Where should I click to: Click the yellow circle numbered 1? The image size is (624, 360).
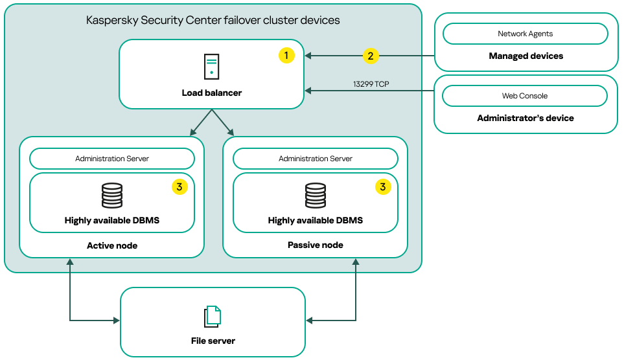(x=286, y=56)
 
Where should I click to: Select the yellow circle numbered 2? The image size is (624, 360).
(x=370, y=56)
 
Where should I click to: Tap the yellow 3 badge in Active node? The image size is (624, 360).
(x=179, y=187)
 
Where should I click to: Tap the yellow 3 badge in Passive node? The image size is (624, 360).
(x=383, y=187)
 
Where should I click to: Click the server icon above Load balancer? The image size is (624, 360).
(x=211, y=67)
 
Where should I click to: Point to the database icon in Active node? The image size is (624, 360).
(x=112, y=196)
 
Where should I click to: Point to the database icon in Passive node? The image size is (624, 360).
(x=316, y=196)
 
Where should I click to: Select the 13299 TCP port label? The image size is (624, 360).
(x=371, y=84)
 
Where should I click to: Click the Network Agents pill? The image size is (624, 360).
(x=525, y=34)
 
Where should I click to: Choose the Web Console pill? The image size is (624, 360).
(x=525, y=96)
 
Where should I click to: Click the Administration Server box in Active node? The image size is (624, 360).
(x=112, y=159)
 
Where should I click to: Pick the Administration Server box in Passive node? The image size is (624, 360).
(x=316, y=159)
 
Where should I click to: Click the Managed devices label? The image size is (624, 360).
(x=526, y=56)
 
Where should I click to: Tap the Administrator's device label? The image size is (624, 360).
(x=526, y=118)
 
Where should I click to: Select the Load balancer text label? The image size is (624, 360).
(x=211, y=93)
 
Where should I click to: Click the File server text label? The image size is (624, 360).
(x=213, y=341)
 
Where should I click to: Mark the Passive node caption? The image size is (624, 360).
(x=316, y=245)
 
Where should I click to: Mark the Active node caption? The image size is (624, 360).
(x=112, y=246)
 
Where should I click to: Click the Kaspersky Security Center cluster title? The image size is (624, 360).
(x=213, y=20)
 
